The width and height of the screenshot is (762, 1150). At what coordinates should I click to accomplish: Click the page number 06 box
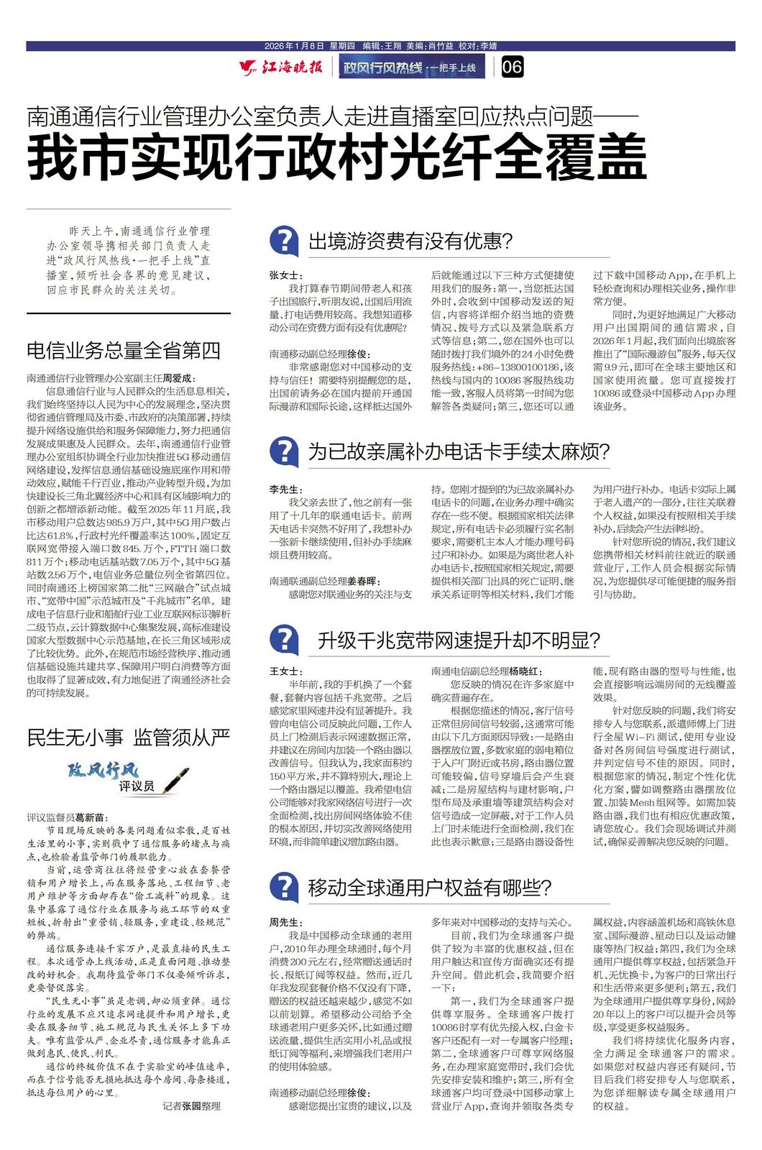pyautogui.click(x=512, y=68)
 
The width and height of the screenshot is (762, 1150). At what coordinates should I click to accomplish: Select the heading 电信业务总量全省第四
pyautogui.click(x=124, y=350)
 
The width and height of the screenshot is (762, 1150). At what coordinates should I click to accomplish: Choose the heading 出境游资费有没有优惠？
pyautogui.click(x=410, y=241)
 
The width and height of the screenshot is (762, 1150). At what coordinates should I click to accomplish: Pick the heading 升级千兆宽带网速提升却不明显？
pyautogui.click(x=459, y=640)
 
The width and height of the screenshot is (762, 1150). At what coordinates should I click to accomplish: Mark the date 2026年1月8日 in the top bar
pyautogui.click(x=295, y=45)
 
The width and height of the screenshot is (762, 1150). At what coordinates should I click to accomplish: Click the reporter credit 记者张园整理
pyautogui.click(x=191, y=1106)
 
